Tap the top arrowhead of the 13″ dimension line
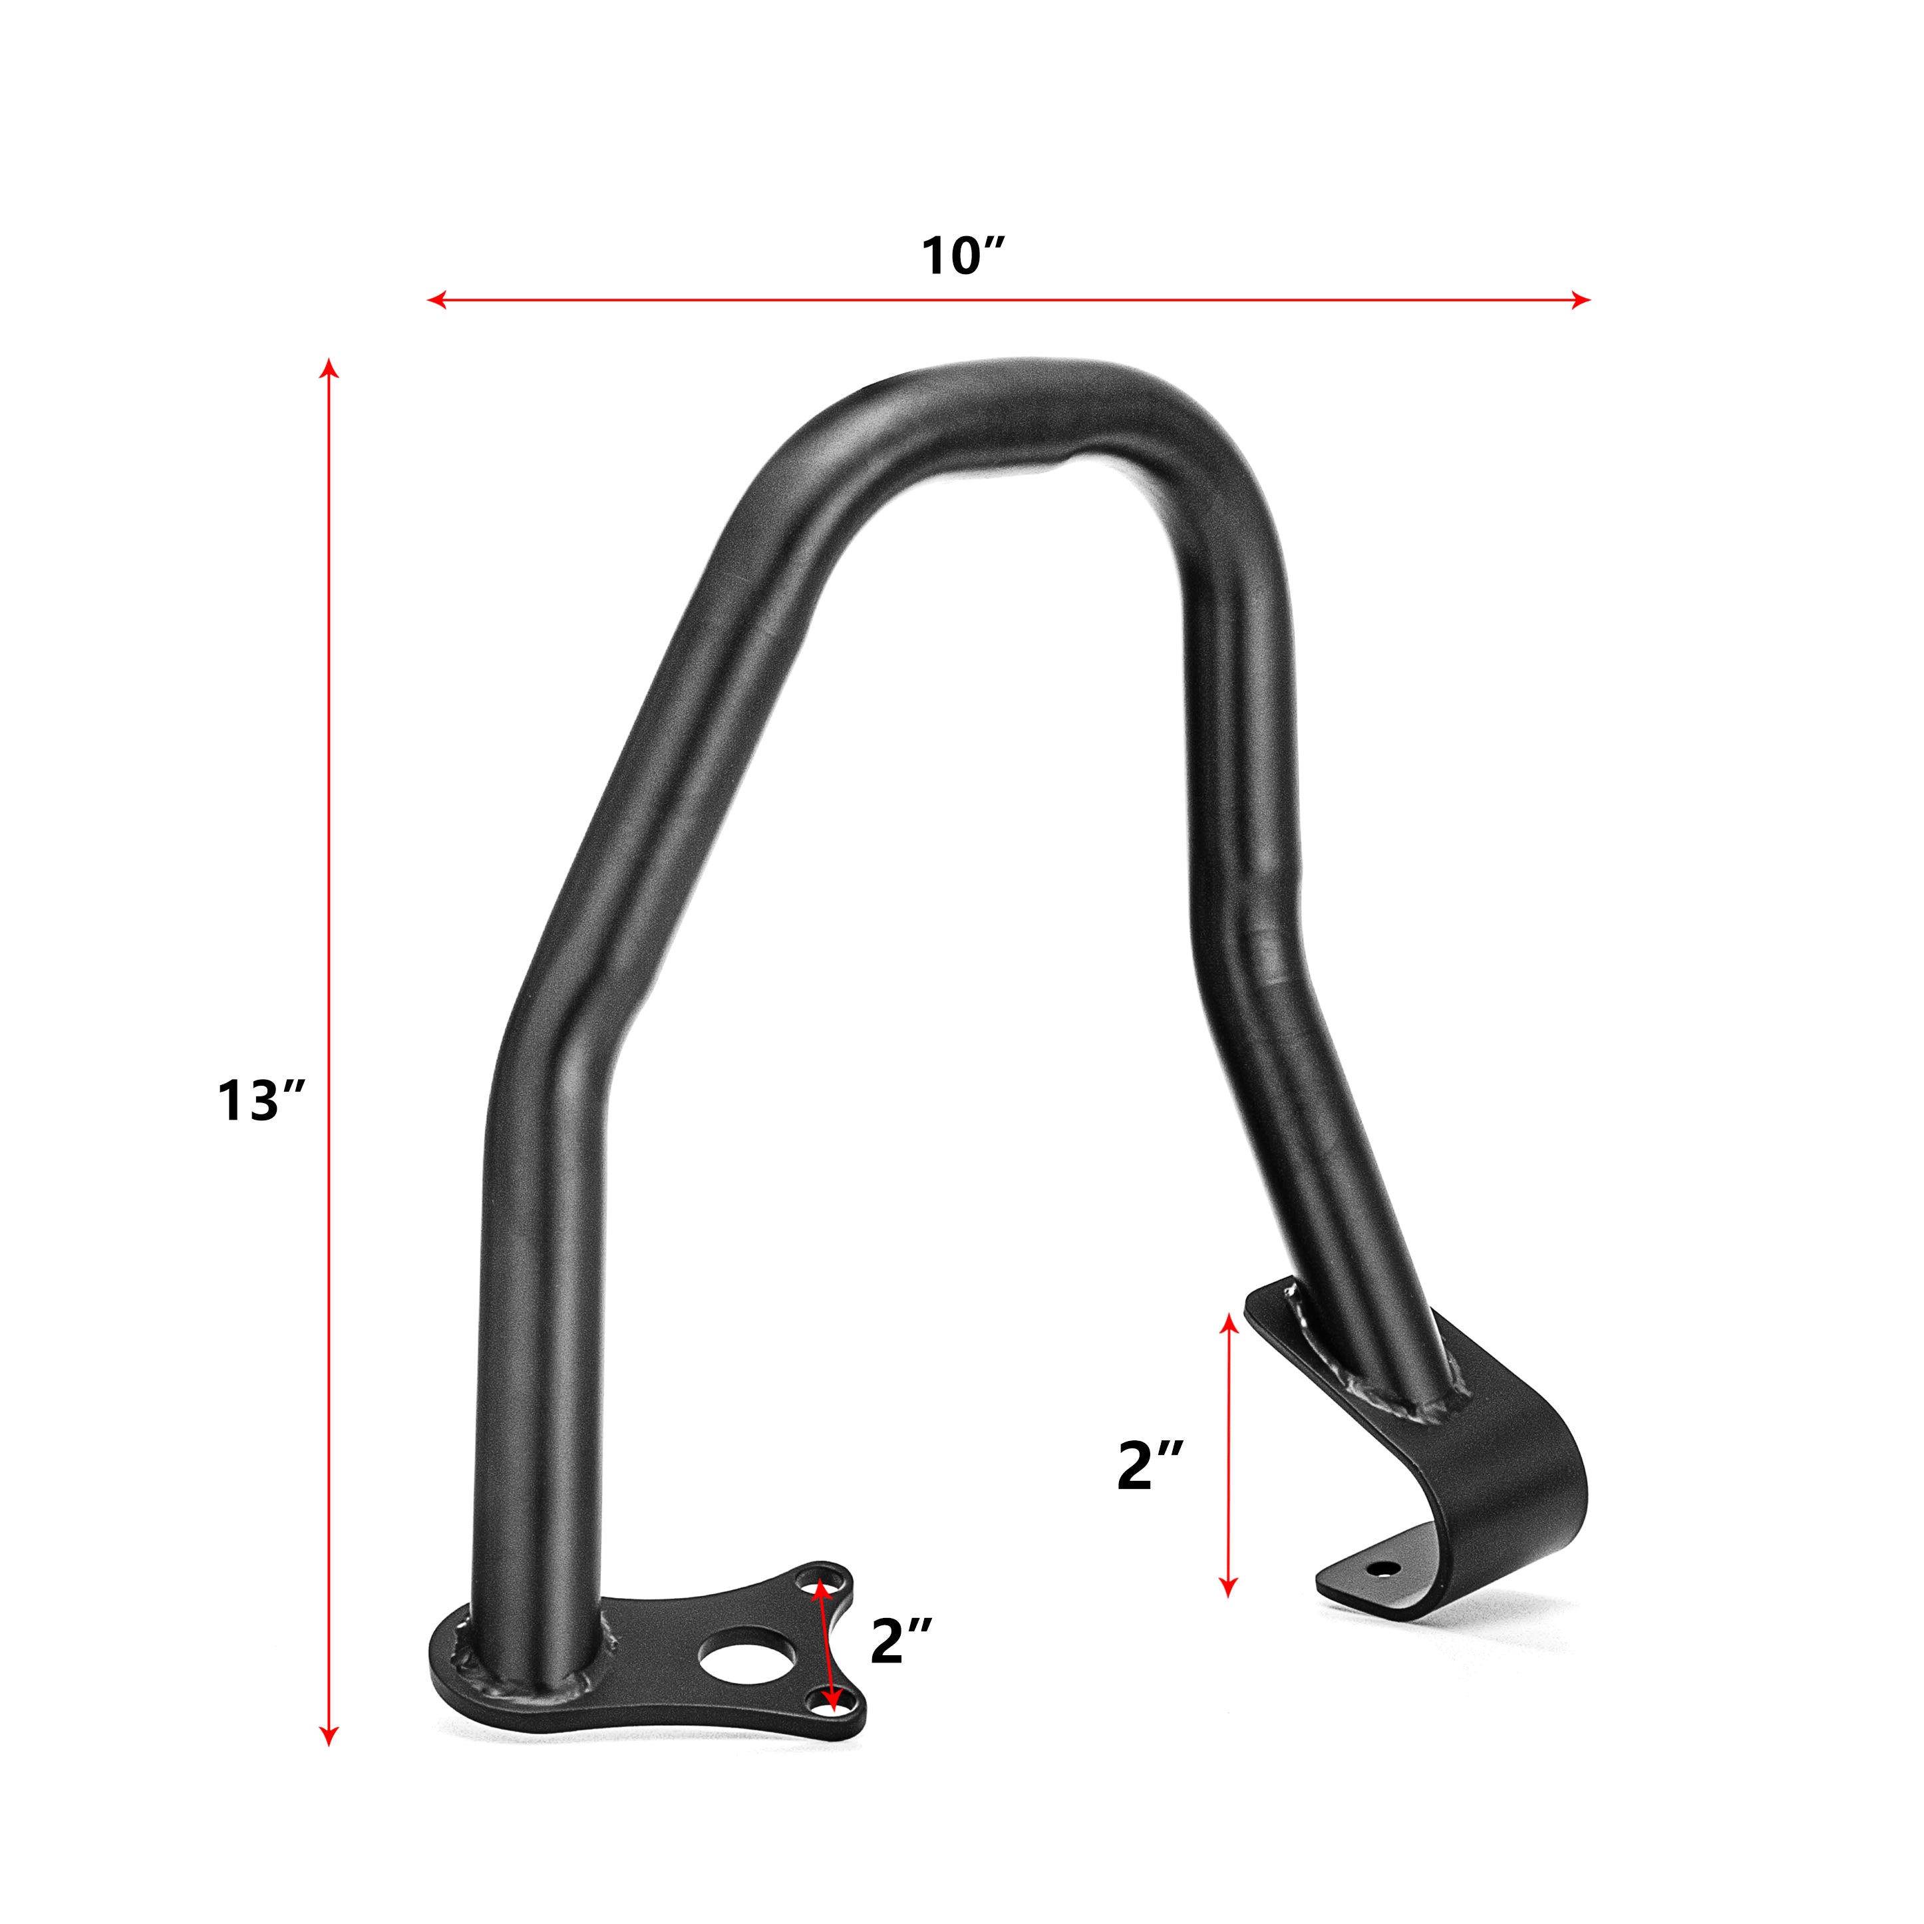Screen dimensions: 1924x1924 click(x=329, y=369)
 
